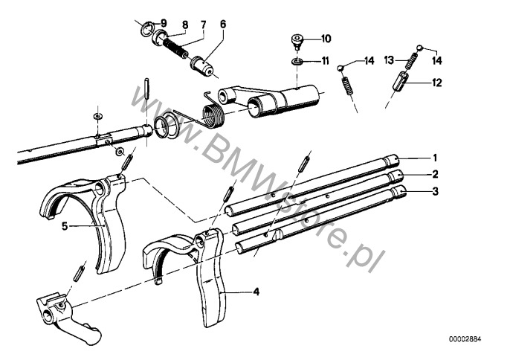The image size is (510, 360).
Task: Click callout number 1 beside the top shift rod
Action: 435,158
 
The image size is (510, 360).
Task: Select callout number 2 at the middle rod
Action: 435,175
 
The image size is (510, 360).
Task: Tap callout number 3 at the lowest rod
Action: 435,191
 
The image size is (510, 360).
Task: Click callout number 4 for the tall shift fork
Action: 256,292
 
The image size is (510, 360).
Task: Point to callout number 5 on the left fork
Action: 65,226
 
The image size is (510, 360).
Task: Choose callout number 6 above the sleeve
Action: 223,24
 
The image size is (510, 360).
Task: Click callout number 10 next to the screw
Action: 326,39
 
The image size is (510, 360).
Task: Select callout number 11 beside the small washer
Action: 325,61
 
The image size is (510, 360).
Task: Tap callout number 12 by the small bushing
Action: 437,83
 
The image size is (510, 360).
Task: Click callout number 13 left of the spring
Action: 389,60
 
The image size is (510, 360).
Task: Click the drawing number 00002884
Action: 465,339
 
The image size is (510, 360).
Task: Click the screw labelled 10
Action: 297,42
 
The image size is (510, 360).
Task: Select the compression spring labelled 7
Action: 174,47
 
